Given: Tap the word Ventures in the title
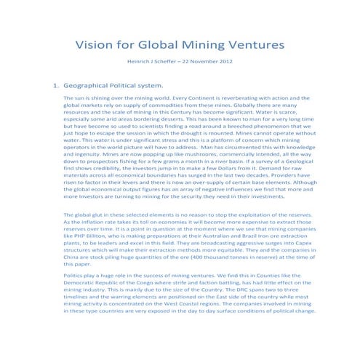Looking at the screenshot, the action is [255, 45].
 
